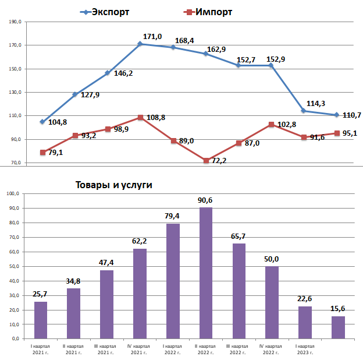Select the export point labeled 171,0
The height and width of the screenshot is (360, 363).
point(140,44)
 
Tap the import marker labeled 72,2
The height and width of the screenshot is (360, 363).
point(206,160)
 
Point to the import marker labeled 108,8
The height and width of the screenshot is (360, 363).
point(140,117)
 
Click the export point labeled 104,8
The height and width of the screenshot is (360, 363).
point(42,122)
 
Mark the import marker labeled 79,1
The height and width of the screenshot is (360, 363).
point(42,152)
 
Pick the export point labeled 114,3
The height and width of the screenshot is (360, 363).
point(304,111)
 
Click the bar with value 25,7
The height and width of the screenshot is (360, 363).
point(41,320)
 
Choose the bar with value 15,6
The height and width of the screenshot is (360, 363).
point(338,327)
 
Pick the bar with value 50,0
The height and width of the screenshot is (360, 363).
point(272,302)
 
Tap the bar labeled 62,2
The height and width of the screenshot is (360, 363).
point(140,294)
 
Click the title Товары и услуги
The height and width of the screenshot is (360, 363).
point(113,185)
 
